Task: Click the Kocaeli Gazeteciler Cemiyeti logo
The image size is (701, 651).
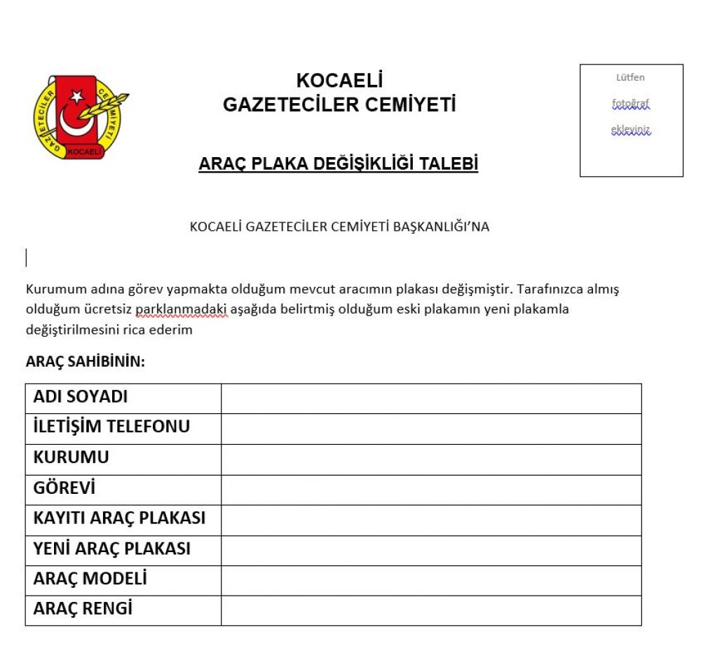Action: (x=81, y=116)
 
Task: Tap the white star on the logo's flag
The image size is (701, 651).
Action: (x=76, y=96)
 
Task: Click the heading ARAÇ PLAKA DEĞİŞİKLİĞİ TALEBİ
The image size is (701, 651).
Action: (x=339, y=164)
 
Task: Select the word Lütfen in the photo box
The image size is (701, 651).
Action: (x=630, y=78)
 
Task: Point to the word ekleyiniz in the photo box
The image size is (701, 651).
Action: (x=631, y=130)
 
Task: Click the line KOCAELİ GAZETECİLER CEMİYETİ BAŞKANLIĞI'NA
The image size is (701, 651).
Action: (x=339, y=227)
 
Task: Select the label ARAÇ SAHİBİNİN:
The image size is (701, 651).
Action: (x=86, y=362)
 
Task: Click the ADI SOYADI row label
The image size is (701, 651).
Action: (x=81, y=397)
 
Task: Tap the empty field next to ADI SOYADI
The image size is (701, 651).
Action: (x=430, y=398)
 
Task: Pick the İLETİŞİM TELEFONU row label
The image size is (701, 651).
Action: (x=111, y=427)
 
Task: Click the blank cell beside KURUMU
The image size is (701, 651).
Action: (x=430, y=459)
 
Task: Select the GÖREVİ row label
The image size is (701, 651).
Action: (x=64, y=488)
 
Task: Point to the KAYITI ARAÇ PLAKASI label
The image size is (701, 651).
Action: (x=119, y=519)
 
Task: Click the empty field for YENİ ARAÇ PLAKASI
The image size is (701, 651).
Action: (x=430, y=551)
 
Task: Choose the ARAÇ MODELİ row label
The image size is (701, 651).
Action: (x=90, y=579)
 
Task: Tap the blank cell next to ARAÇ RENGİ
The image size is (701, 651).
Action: (x=430, y=610)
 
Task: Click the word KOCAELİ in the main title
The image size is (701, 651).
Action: (x=339, y=81)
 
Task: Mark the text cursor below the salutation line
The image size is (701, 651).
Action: (x=27, y=258)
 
